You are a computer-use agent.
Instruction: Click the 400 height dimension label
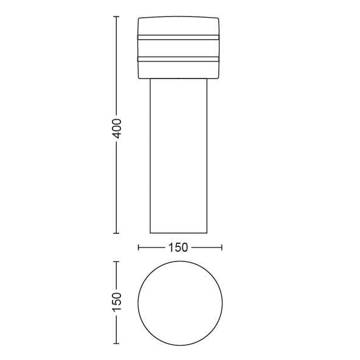tap(117, 128)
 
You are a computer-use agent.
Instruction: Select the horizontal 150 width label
tap(178, 247)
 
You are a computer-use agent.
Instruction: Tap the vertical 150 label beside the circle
tap(117, 302)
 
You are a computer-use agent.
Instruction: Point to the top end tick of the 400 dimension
tap(116, 16)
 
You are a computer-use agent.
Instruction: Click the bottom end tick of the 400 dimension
tap(116, 234)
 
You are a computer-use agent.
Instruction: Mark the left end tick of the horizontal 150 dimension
tap(138, 247)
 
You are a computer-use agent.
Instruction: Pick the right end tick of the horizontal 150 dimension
tap(222, 247)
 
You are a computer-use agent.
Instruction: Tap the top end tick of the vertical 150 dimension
tap(116, 261)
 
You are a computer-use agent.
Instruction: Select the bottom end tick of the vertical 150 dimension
tap(116, 344)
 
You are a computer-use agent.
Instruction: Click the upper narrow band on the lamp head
tap(178, 38)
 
